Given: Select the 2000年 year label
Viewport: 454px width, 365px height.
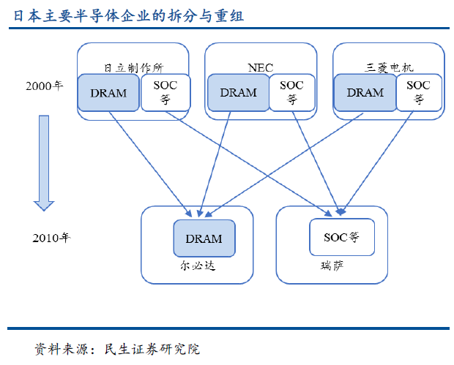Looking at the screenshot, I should click(45, 86).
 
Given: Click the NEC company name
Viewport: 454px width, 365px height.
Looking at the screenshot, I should click(261, 67).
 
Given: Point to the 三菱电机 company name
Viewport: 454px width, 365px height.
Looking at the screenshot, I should click(389, 67).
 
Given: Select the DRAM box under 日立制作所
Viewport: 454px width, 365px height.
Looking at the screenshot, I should click(108, 93).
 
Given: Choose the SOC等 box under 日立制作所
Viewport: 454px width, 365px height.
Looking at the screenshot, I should click(165, 93).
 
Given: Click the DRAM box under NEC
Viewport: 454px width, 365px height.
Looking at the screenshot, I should click(238, 93).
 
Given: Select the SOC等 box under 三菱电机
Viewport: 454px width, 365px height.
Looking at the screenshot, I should click(419, 93).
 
